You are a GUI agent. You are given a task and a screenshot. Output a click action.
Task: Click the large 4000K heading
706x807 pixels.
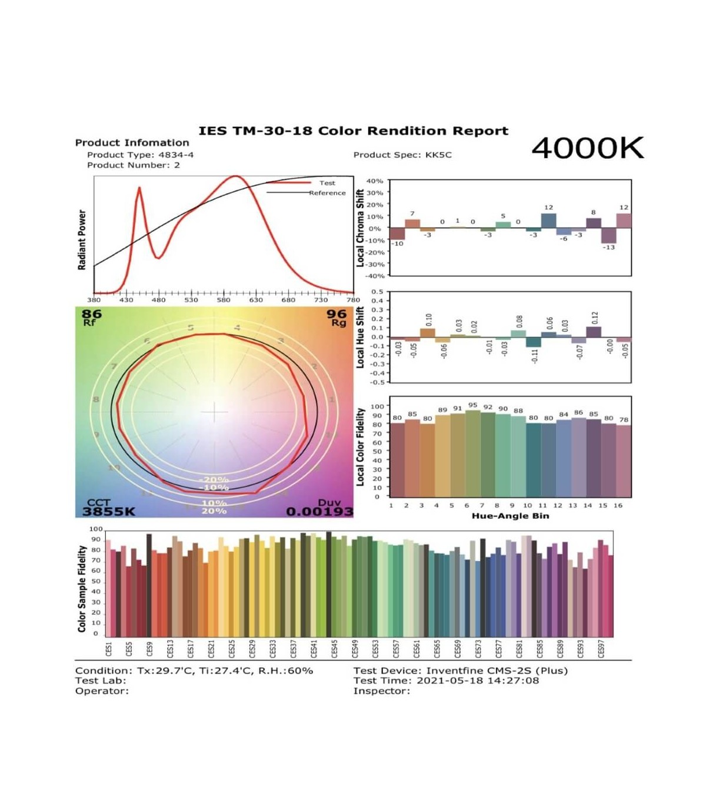tap(587, 148)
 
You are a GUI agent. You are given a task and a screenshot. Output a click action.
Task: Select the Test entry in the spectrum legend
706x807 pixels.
tap(327, 183)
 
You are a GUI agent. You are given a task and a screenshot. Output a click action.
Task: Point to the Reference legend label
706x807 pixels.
tap(328, 193)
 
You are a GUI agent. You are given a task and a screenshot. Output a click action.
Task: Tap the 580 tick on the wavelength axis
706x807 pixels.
tap(224, 299)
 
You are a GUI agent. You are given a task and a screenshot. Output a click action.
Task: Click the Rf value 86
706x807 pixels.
tap(92, 314)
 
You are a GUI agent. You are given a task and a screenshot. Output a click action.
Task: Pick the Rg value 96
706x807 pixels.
tap(337, 314)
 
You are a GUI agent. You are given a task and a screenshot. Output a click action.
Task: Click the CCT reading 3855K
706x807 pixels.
tap(109, 511)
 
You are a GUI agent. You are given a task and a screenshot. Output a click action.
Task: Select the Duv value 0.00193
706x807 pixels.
tap(319, 512)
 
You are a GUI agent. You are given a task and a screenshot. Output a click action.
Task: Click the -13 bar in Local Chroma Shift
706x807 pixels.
tap(608, 235)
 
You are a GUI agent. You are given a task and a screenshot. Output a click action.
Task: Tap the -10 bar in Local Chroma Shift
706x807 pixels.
tap(397, 234)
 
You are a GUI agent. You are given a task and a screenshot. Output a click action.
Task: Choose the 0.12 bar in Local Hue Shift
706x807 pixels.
tap(594, 332)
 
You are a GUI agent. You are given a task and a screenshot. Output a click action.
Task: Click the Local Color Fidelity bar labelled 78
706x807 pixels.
tap(624, 461)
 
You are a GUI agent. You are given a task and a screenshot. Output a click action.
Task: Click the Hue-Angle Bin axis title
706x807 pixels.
tap(510, 516)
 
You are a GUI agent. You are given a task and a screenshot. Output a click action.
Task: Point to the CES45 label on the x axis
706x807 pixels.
tap(334, 648)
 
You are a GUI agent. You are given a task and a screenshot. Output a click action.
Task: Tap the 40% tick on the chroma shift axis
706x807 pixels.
tap(375, 181)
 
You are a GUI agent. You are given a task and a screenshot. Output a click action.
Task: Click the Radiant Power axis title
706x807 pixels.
tap(82, 239)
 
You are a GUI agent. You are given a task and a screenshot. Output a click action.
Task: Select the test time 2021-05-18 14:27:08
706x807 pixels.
tap(477, 681)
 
